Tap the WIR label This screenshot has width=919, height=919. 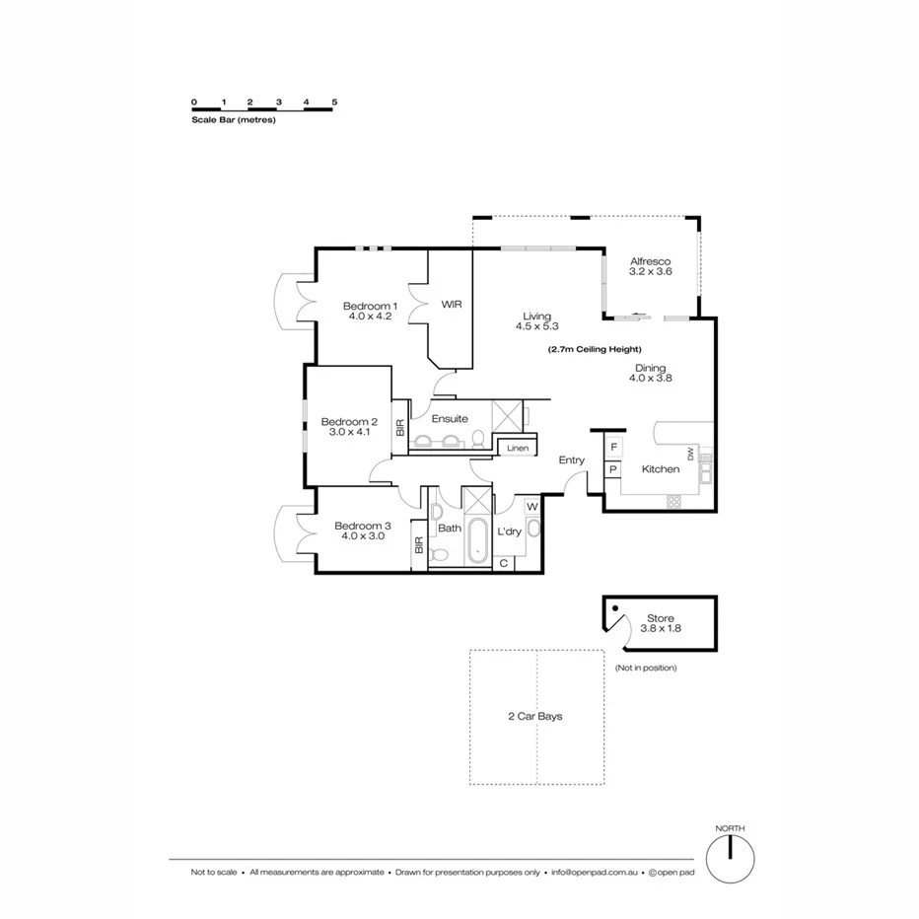451,305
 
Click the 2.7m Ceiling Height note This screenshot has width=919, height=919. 595,349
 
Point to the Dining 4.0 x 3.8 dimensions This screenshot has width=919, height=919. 651,379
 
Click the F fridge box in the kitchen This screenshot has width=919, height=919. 613,447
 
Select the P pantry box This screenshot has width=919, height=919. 613,470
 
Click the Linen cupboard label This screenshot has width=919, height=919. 518,449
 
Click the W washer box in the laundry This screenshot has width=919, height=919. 531,507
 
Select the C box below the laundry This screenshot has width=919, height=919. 503,563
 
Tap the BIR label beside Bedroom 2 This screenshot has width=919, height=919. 399,428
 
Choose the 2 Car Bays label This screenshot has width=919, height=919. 536,716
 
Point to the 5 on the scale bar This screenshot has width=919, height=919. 335,102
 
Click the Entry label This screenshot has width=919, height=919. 571,460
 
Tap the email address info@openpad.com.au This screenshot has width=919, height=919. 598,873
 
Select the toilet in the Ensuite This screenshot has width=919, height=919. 477,438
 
